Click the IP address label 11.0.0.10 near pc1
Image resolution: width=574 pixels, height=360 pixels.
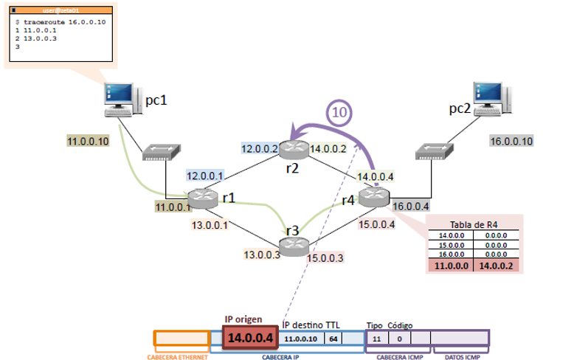coord(88,141)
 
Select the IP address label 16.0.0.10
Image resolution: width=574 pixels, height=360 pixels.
coord(511,141)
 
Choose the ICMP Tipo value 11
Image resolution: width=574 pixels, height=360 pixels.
coord(376,338)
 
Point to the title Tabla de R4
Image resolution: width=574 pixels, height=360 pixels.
coord(474,224)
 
